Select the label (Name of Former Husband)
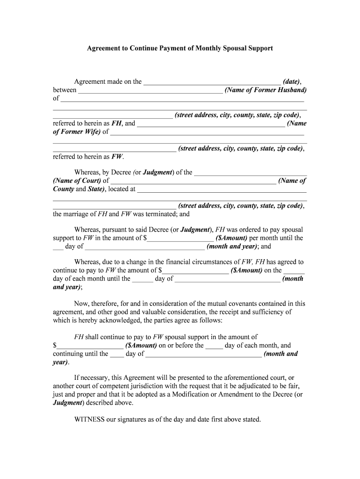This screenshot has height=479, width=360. point(266,90)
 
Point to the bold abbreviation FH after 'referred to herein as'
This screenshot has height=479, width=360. point(117,123)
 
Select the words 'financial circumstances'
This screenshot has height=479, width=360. point(196,262)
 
